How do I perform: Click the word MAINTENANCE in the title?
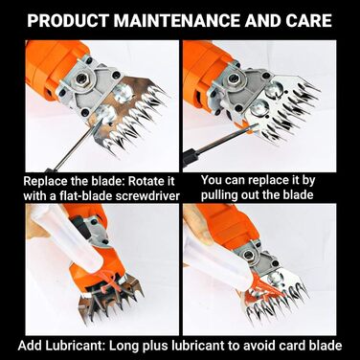[177, 20]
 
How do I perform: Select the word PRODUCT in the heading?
[69, 20]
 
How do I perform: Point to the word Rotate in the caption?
[146, 181]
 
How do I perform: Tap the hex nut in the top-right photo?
[236, 78]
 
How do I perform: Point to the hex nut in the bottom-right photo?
[247, 255]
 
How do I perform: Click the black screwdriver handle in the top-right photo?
[190, 157]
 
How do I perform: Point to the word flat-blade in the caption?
[85, 195]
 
